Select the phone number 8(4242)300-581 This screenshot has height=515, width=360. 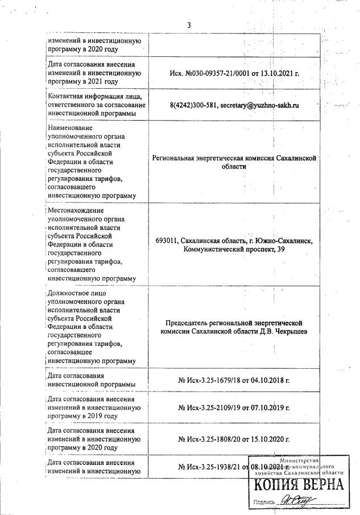coord(194,106)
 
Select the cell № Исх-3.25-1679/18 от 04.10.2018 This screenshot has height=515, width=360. coord(234,380)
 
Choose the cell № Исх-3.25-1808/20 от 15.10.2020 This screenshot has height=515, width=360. coord(234,439)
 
